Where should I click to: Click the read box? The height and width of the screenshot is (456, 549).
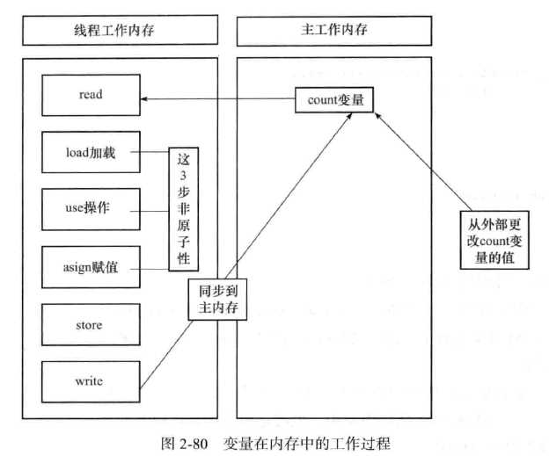[90, 95]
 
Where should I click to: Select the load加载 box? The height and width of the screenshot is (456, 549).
[90, 152]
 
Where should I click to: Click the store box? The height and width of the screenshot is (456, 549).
[90, 326]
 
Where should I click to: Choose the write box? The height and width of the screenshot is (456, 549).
[90, 383]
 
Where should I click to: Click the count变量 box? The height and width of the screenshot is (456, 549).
[334, 101]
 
